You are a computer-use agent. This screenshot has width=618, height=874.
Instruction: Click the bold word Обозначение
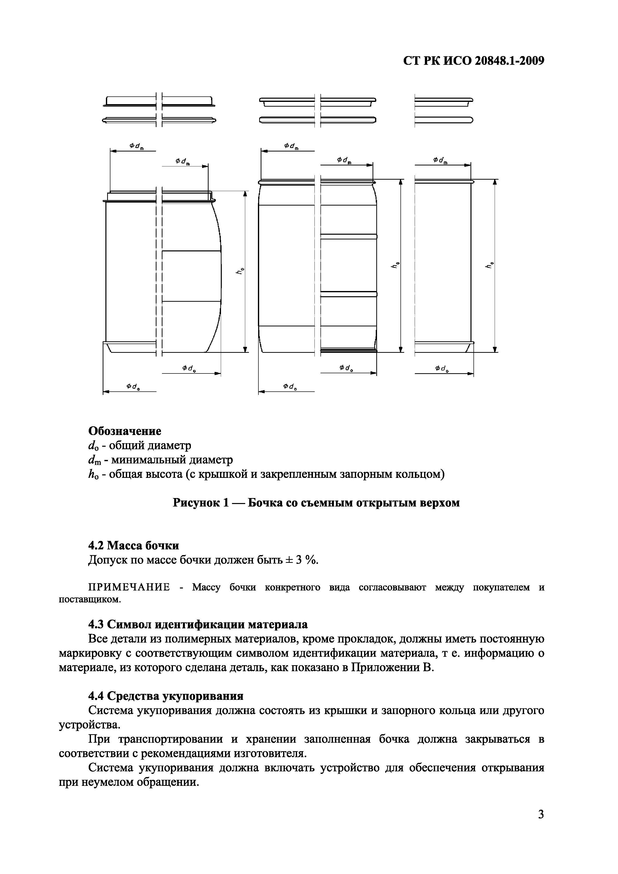(x=125, y=431)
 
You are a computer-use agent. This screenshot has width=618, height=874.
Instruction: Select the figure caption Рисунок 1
(x=316, y=503)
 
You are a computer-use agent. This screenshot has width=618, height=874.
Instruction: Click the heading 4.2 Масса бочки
(x=134, y=545)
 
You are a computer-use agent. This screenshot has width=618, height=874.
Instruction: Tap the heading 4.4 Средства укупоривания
(x=166, y=696)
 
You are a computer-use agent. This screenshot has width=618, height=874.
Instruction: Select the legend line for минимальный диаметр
(x=160, y=460)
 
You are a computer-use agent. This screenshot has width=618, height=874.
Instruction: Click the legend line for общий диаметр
(x=140, y=445)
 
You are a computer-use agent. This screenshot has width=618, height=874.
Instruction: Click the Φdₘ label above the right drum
(x=440, y=161)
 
